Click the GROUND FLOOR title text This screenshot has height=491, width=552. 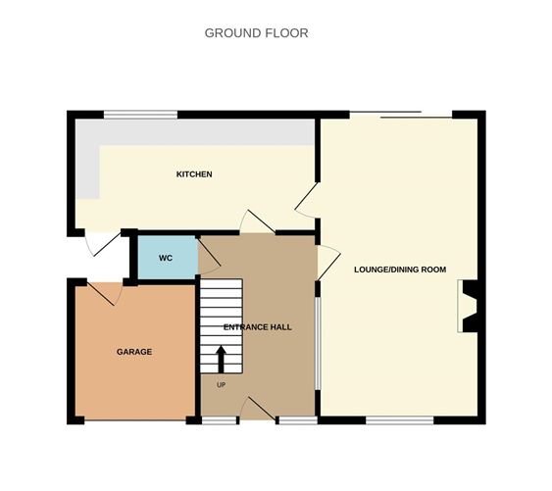coord(256,33)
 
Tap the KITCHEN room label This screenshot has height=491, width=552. coord(194,174)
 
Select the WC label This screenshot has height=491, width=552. coord(166,258)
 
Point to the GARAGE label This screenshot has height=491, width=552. coord(134,351)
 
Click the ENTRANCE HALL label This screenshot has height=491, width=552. coord(259,326)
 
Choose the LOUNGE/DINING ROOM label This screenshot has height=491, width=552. coord(400,270)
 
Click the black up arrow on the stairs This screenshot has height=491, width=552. coord(221,357)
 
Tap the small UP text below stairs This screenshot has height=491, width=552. coord(221,385)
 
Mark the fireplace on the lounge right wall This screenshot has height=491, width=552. coord(469,307)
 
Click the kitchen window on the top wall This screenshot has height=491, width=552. coord(141,115)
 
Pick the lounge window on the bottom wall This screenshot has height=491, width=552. coord(400,420)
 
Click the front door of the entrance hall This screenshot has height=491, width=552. coord(258,410)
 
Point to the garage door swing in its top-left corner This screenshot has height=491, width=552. coord(106,292)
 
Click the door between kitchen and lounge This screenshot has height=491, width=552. coord(307,200)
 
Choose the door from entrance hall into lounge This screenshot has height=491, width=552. coord(328,262)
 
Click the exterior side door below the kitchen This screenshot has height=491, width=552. coord(100,243)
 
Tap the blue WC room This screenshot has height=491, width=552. coord(166,258)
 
